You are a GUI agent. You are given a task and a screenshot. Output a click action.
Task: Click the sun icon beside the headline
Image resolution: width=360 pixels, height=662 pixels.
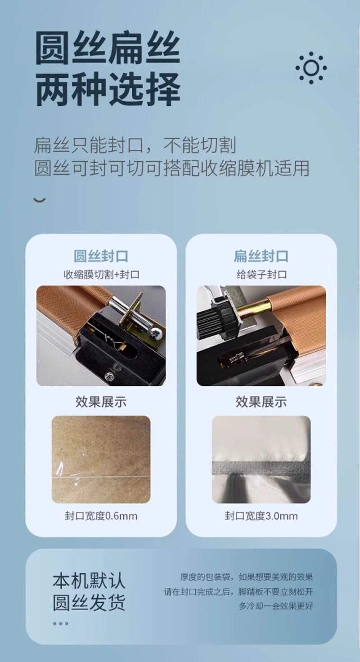pos(311,67)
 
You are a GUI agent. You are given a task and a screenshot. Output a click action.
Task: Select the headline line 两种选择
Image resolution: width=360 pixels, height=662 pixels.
pos(108,89)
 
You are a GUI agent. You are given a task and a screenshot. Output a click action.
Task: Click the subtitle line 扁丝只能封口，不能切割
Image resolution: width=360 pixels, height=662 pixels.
pos(135,145)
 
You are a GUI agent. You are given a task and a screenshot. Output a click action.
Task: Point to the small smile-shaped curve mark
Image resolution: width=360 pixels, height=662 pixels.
pos(39,200)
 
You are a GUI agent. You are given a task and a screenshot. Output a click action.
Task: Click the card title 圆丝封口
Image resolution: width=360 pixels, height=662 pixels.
pos(101,256)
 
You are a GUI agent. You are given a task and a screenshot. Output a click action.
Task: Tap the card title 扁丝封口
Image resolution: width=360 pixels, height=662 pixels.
pos(261,256)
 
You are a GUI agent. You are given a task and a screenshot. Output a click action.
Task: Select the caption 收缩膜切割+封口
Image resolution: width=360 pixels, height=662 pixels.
pos(101,274)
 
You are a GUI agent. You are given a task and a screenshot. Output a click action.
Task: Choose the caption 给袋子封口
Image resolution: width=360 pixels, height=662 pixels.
pos(261,274)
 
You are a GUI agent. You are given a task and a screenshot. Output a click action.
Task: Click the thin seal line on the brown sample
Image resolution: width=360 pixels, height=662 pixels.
pos(101,477)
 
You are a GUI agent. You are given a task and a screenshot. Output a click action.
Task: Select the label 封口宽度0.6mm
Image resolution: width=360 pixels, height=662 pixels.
pos(101,516)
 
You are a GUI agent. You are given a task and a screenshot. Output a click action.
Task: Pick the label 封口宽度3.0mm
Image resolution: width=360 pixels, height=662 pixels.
pos(261,516)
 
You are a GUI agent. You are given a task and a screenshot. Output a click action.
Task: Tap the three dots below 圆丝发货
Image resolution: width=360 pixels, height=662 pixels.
pos(61,624)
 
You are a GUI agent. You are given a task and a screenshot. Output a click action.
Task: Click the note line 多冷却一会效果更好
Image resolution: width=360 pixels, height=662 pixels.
pos(276,606)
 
